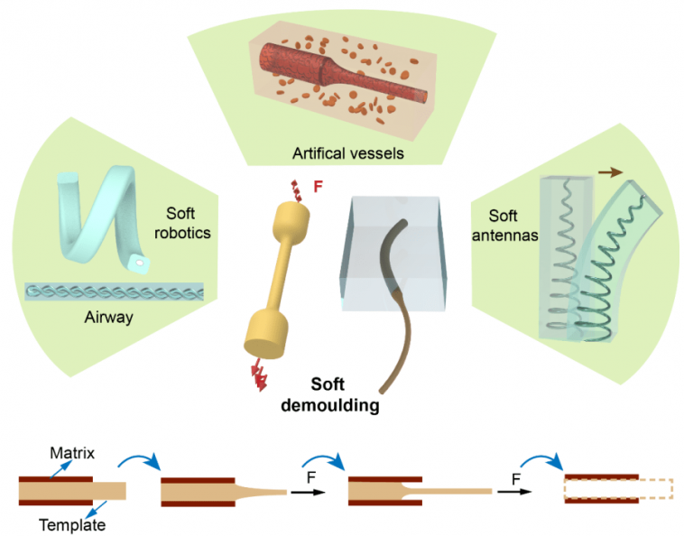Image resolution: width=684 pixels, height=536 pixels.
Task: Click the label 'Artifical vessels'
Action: click(347, 154)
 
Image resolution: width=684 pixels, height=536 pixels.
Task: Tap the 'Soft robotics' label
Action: click(188, 223)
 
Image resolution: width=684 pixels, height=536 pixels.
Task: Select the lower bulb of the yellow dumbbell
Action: click(266, 330)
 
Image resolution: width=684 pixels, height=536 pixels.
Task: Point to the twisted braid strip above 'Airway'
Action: click(114, 292)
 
